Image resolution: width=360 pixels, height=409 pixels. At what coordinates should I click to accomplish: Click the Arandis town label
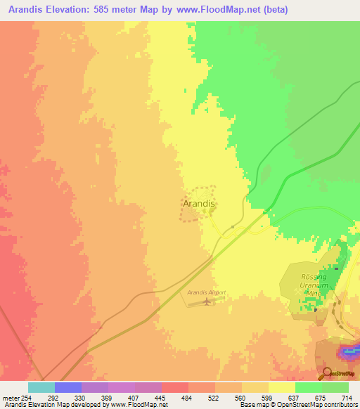tap(198, 203)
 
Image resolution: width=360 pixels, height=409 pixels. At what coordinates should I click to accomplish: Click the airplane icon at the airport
tap(206, 302)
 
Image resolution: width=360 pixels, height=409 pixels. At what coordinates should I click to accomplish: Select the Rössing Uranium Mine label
tap(314, 287)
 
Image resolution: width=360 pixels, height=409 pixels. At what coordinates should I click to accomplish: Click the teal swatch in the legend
tap(41, 387)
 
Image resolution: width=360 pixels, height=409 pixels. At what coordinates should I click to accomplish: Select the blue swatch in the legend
tap(67, 387)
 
